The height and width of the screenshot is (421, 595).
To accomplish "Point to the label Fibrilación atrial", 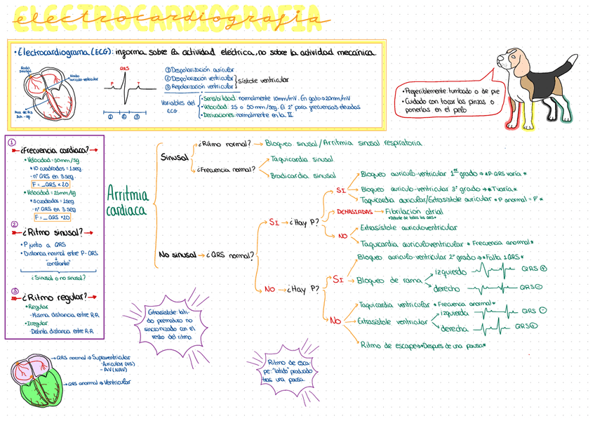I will tap(414, 210).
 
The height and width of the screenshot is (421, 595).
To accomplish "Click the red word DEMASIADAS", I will tap(354, 211).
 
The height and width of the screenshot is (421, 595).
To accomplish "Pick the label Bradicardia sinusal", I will tap(303, 175).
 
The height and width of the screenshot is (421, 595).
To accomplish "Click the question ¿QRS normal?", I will tap(230, 255).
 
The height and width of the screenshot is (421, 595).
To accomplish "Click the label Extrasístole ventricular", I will tap(393, 321).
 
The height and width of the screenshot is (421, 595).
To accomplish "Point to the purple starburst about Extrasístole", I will tap(169, 323).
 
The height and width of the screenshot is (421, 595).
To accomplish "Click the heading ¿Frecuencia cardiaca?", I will tap(55, 150).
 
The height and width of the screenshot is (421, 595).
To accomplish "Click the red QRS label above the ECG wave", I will tap(124, 69).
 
